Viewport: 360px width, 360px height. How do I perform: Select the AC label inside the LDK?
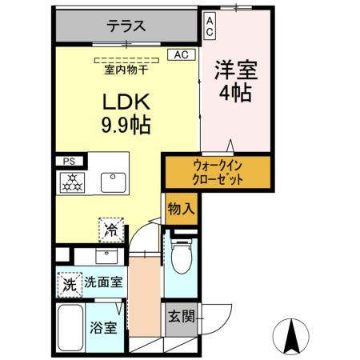click(181, 55)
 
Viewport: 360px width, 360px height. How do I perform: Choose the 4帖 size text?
click(235, 93)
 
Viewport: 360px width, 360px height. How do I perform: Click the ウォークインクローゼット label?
click(218, 172)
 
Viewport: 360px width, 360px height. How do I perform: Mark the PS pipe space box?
click(67, 161)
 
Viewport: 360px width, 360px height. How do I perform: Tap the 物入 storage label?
click(180, 210)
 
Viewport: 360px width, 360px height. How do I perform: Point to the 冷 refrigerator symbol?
click(110, 231)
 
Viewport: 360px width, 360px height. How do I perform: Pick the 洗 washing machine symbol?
click(70, 282)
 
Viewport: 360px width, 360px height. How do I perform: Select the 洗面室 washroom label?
click(105, 282)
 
